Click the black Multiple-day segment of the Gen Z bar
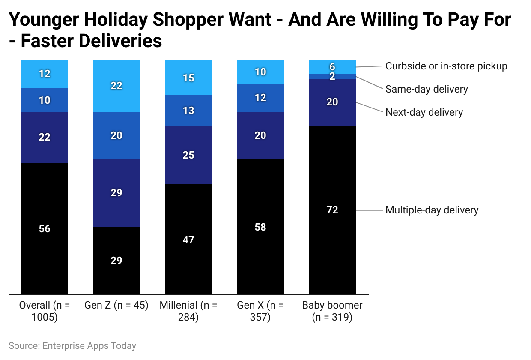tap(116, 260)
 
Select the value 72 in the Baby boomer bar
tap(332, 210)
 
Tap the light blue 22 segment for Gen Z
tap(116, 86)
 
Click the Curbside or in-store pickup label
tap(446, 66)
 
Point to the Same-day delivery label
tap(427, 89)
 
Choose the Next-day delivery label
tap(424, 112)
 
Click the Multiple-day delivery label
tap(432, 210)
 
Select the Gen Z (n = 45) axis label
tap(116, 306)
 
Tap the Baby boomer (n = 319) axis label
tap(332, 311)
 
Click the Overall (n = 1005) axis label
tap(45, 311)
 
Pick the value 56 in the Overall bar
tap(45, 229)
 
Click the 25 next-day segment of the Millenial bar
tap(188, 155)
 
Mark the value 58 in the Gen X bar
tap(260, 227)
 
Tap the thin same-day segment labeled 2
tap(332, 76)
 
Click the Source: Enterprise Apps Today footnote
tap(72, 345)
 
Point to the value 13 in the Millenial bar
tap(188, 111)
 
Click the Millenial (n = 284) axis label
tap(188, 311)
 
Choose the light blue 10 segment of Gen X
tap(260, 72)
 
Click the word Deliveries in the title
tap(91, 41)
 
